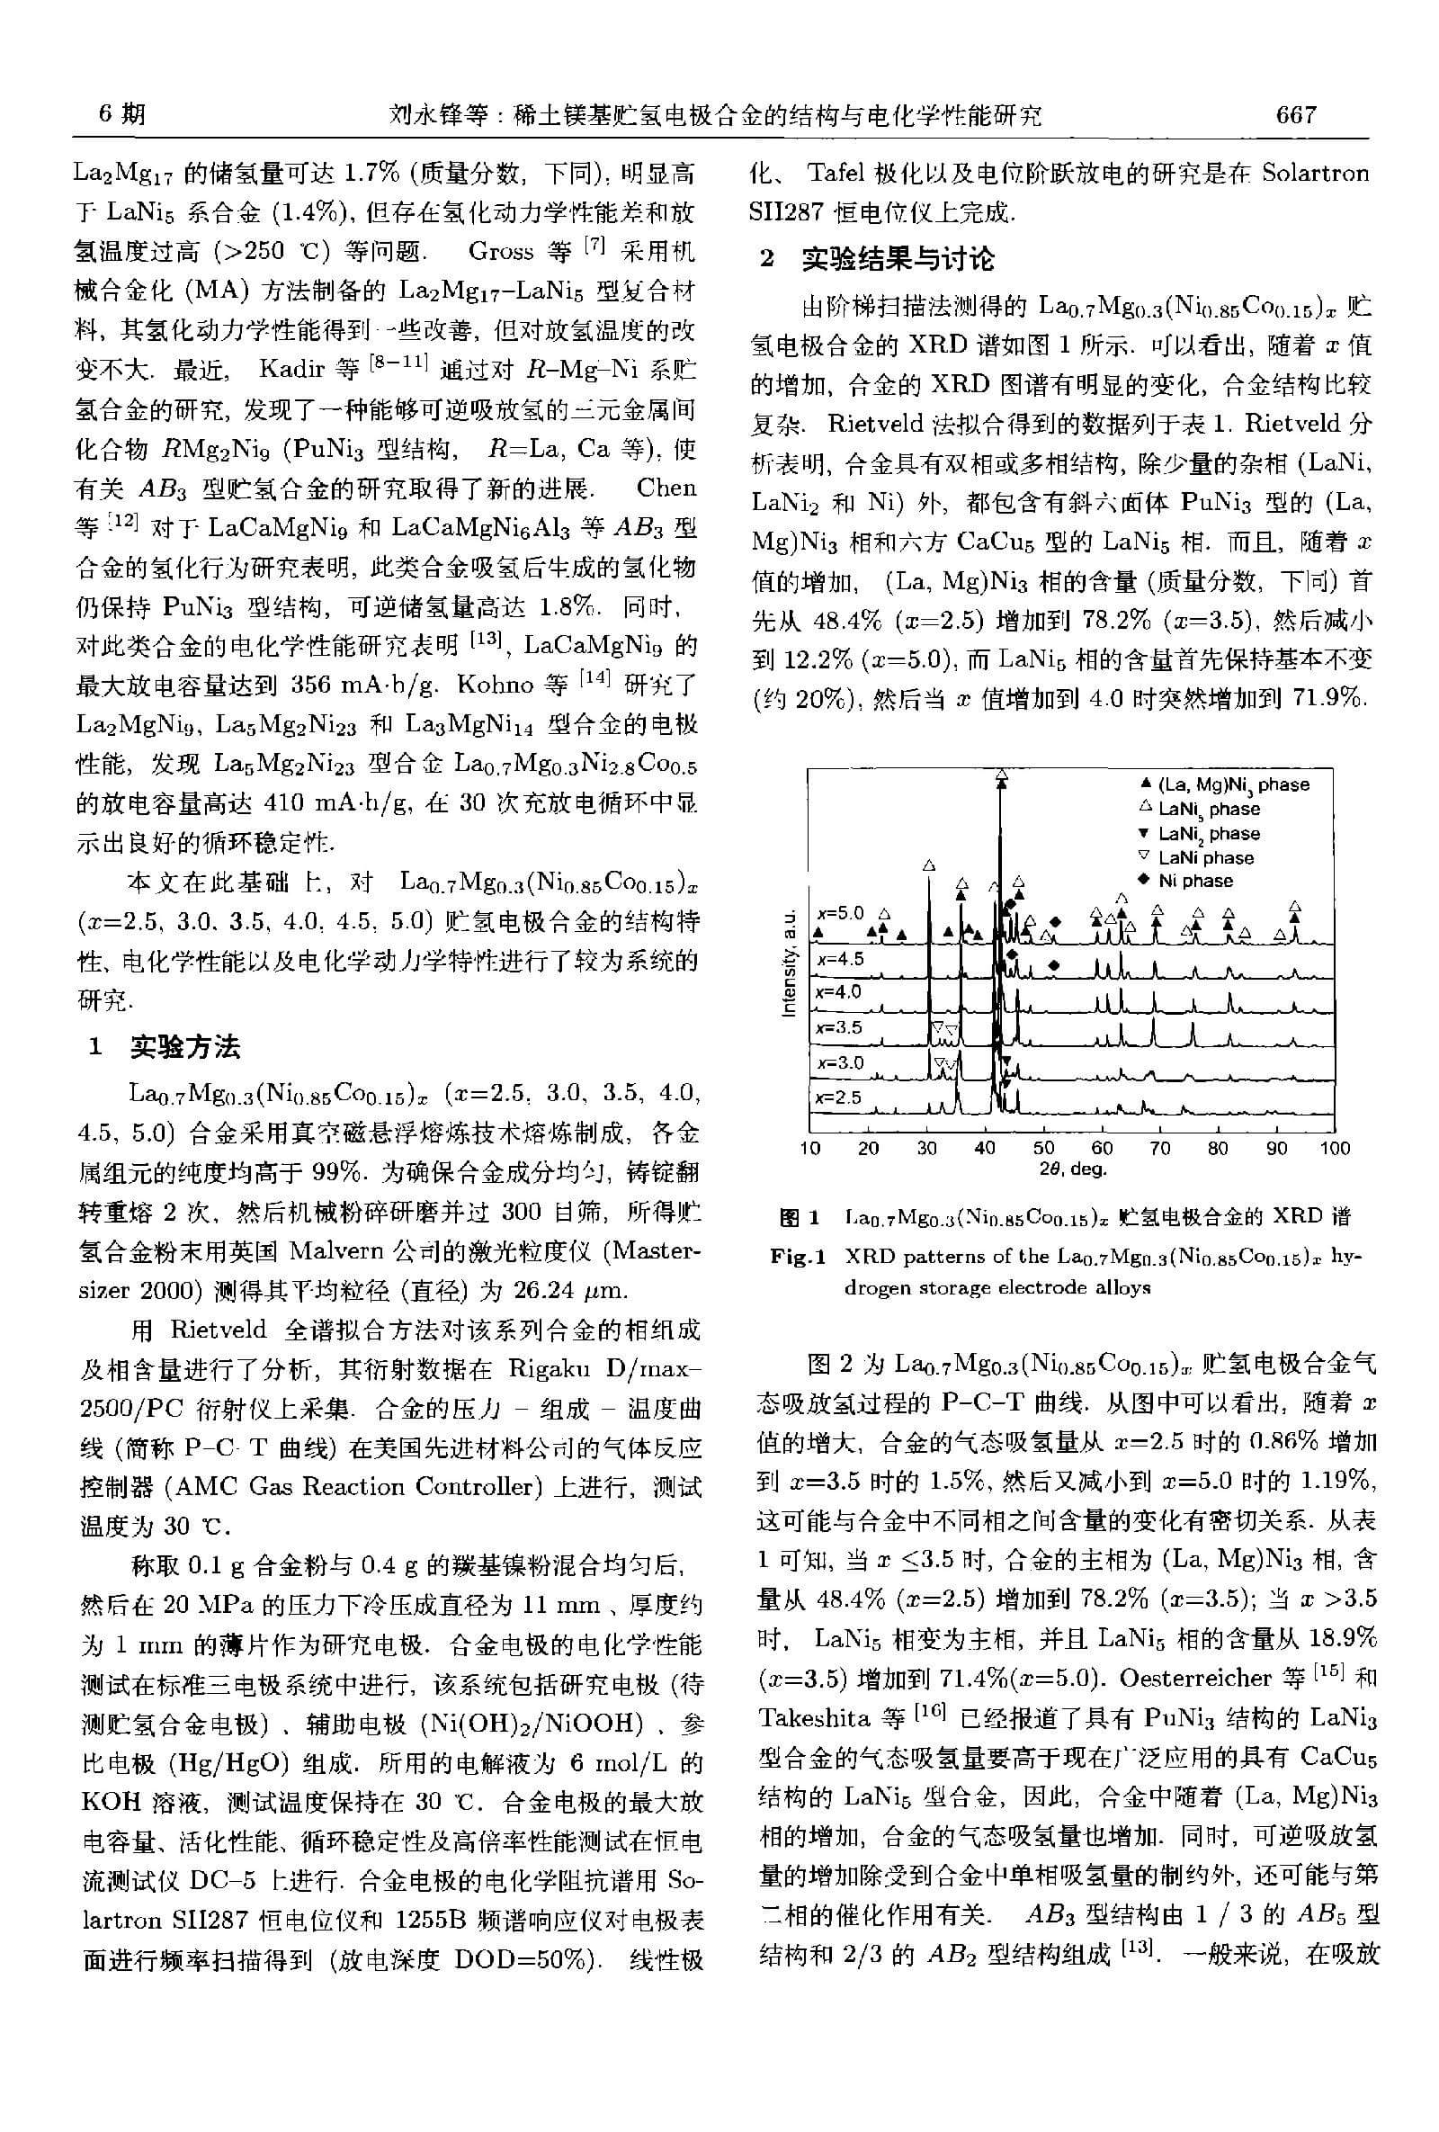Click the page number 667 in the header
tap(1295, 114)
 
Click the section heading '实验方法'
tap(185, 1046)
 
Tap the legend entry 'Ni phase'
tap(1195, 882)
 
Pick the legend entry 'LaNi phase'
tap(1205, 858)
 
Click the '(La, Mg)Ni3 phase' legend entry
tap(1233, 784)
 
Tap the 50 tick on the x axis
tap(1042, 1148)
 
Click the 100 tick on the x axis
tap(1335, 1148)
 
